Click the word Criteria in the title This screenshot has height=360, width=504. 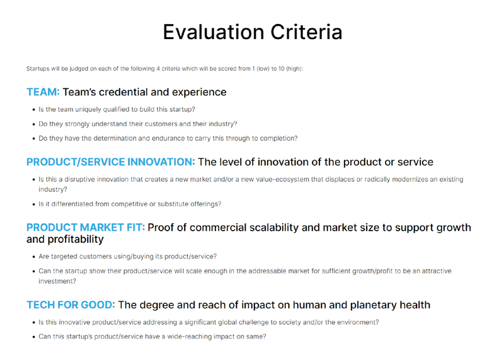click(306, 32)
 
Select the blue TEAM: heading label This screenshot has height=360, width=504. click(43, 92)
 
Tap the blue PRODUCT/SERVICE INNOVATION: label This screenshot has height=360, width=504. click(111, 162)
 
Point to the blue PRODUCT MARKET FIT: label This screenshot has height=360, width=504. click(86, 228)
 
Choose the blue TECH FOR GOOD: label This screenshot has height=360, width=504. click(71, 305)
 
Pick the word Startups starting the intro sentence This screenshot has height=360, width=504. click(38, 69)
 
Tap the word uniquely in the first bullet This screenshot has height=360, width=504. click(88, 109)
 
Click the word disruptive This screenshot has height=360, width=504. click(79, 179)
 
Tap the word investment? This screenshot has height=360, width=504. click(57, 281)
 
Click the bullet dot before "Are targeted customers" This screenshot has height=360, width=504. click(34, 257)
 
